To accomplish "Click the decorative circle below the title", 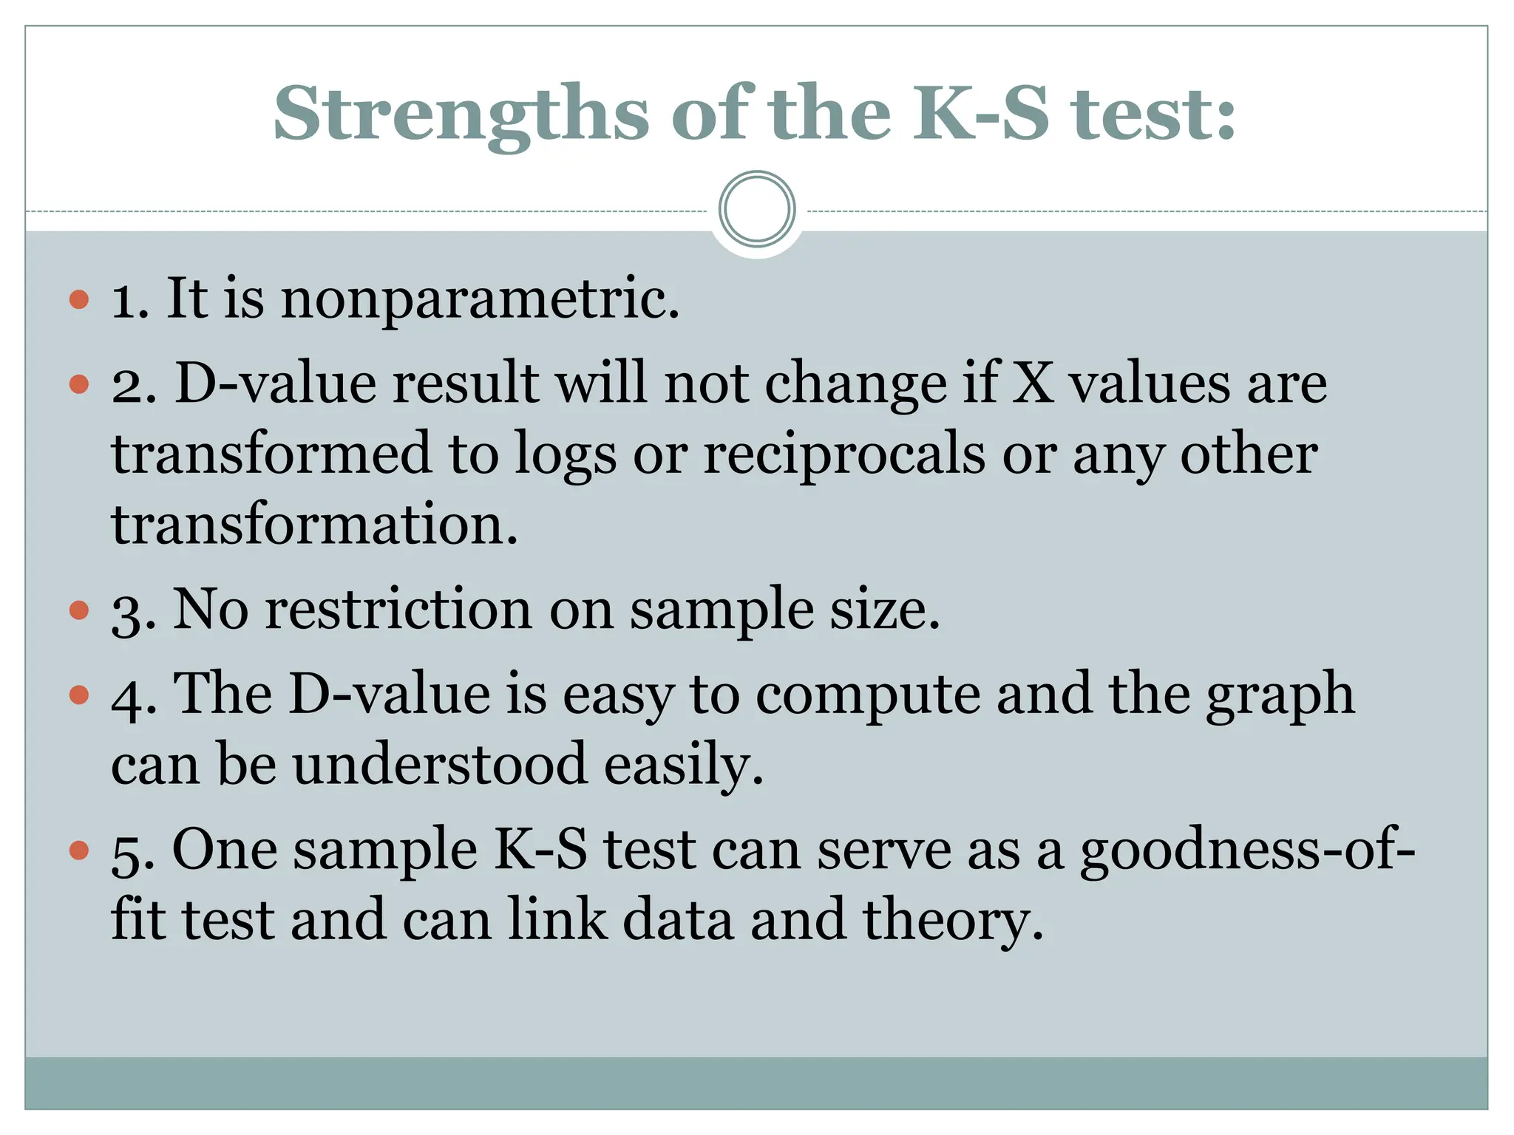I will coord(757,209).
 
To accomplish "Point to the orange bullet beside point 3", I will coord(79,610).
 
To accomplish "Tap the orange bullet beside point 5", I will coord(79,851).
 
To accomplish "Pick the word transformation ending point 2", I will coord(314,523).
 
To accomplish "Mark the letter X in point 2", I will coord(1032,384).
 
